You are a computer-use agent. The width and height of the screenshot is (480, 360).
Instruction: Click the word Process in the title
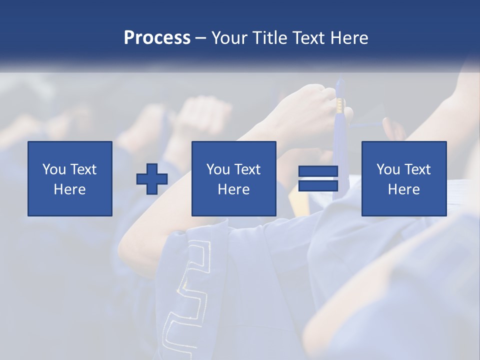pos(157,38)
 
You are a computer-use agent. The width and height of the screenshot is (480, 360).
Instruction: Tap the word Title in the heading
pos(269,38)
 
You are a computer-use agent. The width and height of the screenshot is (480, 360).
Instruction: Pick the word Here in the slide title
pos(350,38)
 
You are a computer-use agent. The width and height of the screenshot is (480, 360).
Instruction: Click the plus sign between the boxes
pos(152,179)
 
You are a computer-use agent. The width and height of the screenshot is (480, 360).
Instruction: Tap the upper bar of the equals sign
pos(318,171)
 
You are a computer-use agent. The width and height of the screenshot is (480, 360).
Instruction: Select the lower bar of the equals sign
pos(318,186)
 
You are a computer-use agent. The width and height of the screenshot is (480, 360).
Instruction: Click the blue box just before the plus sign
pos(70,150)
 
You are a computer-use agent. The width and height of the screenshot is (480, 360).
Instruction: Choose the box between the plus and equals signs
pos(234,150)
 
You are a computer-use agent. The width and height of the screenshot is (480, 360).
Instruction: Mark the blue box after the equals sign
pos(404,150)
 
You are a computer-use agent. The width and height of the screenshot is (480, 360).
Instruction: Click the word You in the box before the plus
pos(54,169)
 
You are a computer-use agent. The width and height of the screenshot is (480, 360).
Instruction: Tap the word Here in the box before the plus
pos(70,189)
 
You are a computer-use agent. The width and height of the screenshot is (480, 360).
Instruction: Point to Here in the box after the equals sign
pos(404,189)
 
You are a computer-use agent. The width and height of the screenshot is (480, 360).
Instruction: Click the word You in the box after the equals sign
pos(388,169)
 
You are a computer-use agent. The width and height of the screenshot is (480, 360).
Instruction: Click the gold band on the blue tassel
pos(340,104)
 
